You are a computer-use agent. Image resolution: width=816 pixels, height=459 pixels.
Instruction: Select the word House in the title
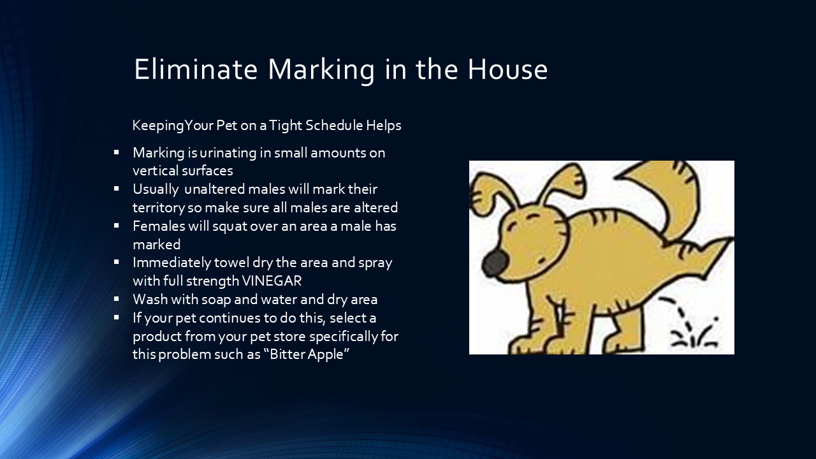point(507,69)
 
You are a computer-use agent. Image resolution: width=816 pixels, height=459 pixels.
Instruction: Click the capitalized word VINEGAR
point(272,280)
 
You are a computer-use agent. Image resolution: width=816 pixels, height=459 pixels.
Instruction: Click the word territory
point(159,208)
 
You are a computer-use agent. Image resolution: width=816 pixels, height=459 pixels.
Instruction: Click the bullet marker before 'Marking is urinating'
point(117,152)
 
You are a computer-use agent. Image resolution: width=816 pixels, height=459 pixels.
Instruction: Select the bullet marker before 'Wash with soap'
point(117,298)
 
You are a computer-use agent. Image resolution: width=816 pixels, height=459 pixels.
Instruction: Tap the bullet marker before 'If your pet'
point(117,317)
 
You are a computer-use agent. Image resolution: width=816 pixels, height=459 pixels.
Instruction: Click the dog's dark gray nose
point(495,262)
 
